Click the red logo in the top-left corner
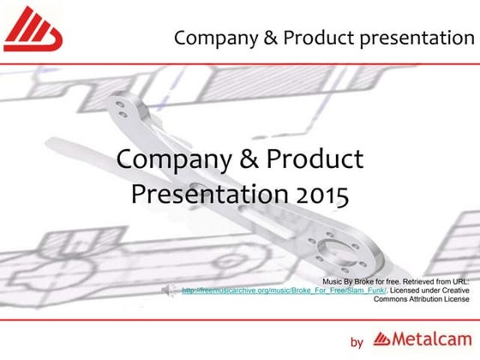pyautogui.click(x=33, y=30)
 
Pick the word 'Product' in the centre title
pyautogui.click(x=313, y=159)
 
